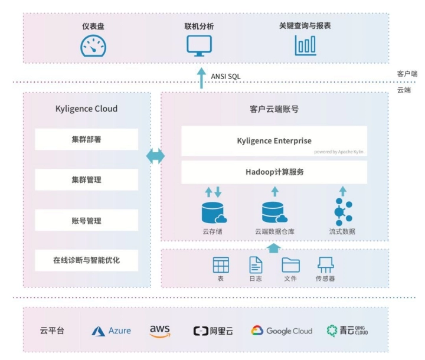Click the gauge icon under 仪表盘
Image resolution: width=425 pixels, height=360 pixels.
(x=93, y=46)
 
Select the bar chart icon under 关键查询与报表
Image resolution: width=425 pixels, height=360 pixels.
(x=305, y=45)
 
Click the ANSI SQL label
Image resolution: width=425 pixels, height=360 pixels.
(x=225, y=76)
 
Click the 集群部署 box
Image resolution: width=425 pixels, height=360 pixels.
(x=86, y=139)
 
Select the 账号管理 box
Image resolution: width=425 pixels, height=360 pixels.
(x=86, y=220)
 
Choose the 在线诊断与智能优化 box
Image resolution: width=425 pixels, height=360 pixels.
(x=86, y=260)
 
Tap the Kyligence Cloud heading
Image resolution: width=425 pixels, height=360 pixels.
(x=86, y=109)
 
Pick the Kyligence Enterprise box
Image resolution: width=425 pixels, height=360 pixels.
(x=274, y=141)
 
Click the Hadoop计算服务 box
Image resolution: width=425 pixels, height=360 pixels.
(x=274, y=172)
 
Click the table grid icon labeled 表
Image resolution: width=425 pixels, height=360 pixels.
(x=221, y=265)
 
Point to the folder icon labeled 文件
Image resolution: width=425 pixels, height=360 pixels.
(x=290, y=265)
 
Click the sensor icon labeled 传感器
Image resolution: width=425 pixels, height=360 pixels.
(x=325, y=265)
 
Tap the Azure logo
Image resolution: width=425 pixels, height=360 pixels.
(x=112, y=331)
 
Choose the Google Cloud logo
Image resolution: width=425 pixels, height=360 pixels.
(x=282, y=331)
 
